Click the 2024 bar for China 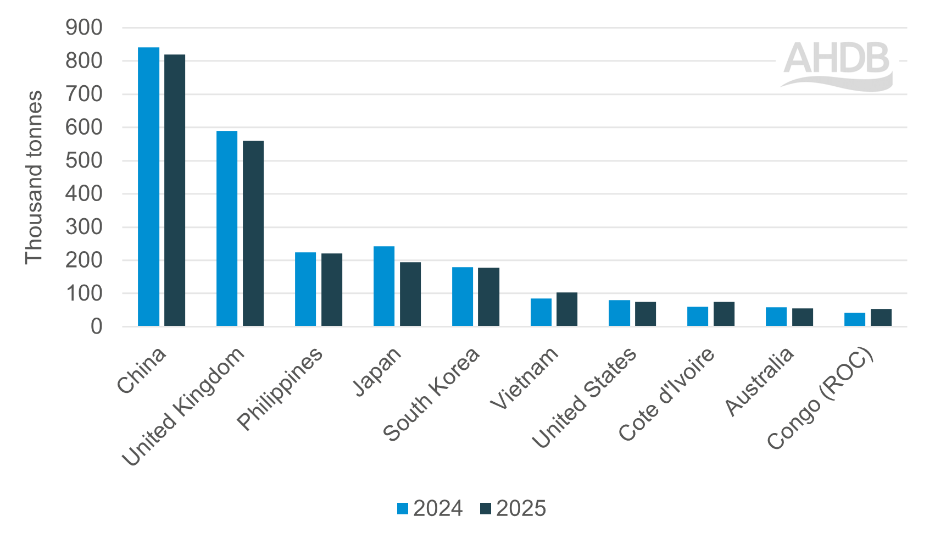point(148,187)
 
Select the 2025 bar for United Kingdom point(253,234)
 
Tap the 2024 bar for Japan point(384,286)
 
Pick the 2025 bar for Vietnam point(567,309)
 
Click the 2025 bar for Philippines point(332,290)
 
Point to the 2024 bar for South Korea point(463,297)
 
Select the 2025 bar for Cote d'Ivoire point(724,314)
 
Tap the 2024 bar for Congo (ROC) point(855,319)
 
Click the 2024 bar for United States point(619,313)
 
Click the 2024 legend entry point(430,509)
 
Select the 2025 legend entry point(513,509)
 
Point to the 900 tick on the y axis point(84,27)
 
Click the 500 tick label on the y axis point(84,160)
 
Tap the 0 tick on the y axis point(96,327)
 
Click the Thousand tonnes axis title point(34,177)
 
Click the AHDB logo point(837,66)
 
